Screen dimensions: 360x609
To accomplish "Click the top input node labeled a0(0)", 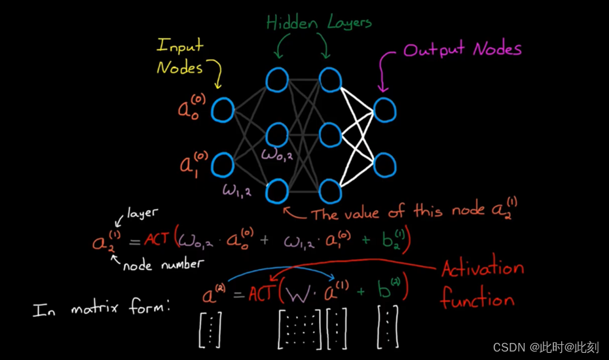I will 223,110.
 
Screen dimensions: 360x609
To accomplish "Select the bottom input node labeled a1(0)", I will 223,164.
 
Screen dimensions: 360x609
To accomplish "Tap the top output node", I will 384,109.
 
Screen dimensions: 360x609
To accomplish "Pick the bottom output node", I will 384,163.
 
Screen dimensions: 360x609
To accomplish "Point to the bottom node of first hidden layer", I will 277,191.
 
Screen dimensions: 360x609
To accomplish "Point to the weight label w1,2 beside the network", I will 237,190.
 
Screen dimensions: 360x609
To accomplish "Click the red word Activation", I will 482,268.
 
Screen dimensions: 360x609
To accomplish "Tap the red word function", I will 477,300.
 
